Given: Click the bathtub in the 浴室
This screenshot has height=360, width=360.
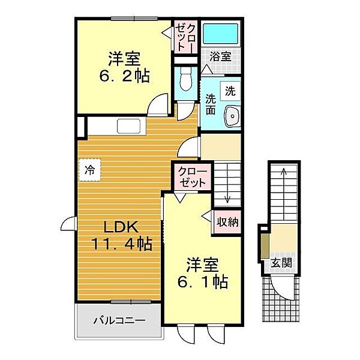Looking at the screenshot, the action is point(220,34).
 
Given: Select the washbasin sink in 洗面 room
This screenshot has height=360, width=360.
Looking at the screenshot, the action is point(232,116).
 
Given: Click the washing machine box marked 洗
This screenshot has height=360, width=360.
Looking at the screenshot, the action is point(230,91).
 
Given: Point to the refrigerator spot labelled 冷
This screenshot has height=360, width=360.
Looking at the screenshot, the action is point(90,170).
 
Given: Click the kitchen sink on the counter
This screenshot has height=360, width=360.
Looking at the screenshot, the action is point(128,126).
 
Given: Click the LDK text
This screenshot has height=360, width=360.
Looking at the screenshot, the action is point(121,227).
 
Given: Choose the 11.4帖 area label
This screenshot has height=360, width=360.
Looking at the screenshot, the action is point(122,244).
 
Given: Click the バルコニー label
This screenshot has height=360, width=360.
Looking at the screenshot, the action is point(119,320).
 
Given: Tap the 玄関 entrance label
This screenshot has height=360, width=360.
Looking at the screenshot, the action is point(281,263).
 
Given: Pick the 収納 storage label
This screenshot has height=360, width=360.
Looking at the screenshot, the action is point(227,222).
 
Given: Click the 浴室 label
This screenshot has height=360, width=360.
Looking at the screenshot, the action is point(220,56).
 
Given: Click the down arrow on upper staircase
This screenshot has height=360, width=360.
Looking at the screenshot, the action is point(227,183).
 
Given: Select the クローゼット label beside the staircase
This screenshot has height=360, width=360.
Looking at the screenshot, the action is point(193,177).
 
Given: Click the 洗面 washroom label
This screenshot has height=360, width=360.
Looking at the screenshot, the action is point(211,104).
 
